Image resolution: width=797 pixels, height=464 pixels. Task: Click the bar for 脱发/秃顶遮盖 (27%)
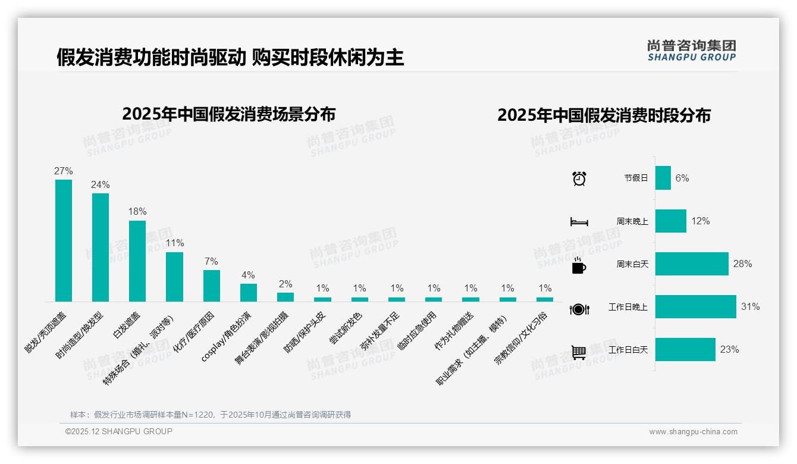64,240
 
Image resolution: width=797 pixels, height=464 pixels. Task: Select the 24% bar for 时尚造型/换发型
101,247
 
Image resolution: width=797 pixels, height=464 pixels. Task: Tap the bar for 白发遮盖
137,261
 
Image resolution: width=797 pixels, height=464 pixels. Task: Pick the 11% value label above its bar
174,243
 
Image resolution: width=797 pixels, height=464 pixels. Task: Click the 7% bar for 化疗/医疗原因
212,286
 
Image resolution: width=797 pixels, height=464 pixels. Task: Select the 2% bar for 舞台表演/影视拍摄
285,297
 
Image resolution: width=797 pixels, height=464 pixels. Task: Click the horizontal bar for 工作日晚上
695,307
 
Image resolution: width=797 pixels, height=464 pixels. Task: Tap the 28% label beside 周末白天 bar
742,264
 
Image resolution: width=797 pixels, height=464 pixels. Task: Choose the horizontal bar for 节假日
663,178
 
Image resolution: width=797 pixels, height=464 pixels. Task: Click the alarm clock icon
579,178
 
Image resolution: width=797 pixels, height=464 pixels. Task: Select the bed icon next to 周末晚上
579,222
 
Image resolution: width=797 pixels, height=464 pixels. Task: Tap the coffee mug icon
579,265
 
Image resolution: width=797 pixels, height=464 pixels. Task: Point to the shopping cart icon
579,352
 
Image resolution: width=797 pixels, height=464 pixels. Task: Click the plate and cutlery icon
579,309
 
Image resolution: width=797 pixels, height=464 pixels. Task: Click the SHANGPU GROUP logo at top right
691,51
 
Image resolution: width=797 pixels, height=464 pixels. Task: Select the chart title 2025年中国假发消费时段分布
604,115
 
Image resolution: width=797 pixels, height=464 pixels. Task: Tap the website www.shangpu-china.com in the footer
693,432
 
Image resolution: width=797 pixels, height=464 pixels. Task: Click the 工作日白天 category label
627,350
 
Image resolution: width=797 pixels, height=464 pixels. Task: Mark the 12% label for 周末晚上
700,221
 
